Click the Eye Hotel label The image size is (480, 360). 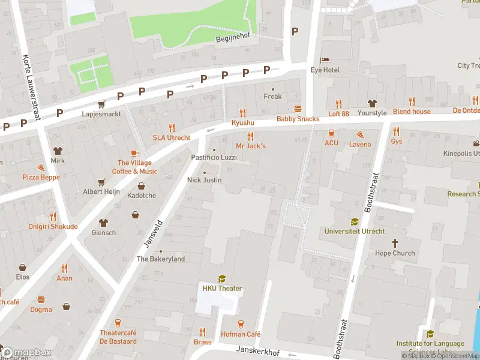click(x=325, y=70)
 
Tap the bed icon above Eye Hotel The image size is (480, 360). click(x=325, y=60)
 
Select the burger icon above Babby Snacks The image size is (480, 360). click(x=298, y=109)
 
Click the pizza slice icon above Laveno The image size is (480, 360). click(x=360, y=134)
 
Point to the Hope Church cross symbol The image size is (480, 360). click(x=395, y=243)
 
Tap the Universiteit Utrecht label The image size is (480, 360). click(x=354, y=231)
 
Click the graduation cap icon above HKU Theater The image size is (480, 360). click(x=222, y=278)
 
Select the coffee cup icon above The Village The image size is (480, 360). click(x=134, y=153)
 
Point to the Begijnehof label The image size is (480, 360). click(x=232, y=38)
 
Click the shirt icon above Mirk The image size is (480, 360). click(x=58, y=151)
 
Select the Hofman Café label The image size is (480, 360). click(x=241, y=334)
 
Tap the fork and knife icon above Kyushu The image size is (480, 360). click(x=243, y=112)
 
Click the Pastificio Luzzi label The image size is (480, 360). click(x=214, y=157)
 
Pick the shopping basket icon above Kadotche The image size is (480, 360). click(x=141, y=186)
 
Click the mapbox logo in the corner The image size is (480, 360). click(x=25, y=352)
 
